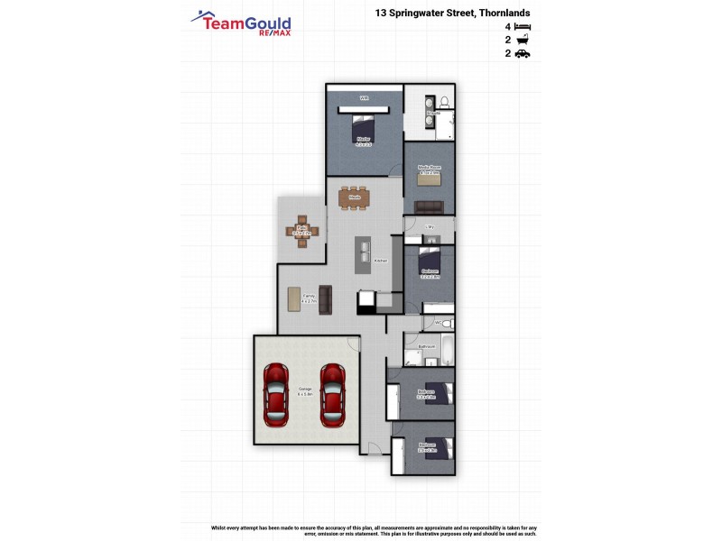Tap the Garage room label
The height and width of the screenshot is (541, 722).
point(305,391)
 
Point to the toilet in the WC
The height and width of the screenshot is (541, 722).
point(449,322)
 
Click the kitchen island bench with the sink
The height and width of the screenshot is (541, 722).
point(363,255)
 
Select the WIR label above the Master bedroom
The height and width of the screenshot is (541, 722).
point(365,97)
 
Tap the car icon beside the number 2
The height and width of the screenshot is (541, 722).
point(523,54)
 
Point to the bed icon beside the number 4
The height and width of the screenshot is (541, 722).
point(523,28)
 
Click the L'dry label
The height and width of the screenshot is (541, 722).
point(430,226)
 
